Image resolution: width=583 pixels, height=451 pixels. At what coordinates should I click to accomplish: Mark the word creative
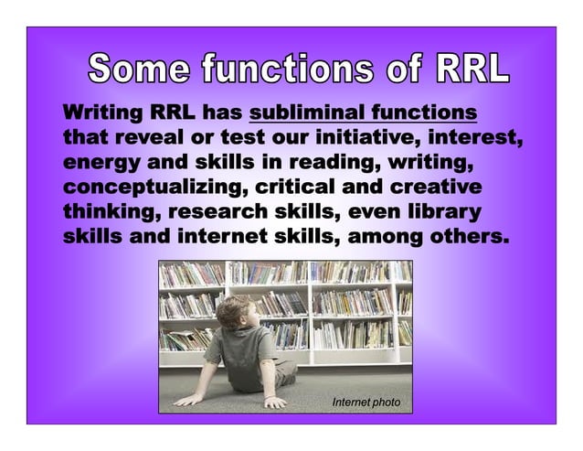pos(433,188)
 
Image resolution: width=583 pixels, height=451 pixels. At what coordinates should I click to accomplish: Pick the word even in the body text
pos(370,213)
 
